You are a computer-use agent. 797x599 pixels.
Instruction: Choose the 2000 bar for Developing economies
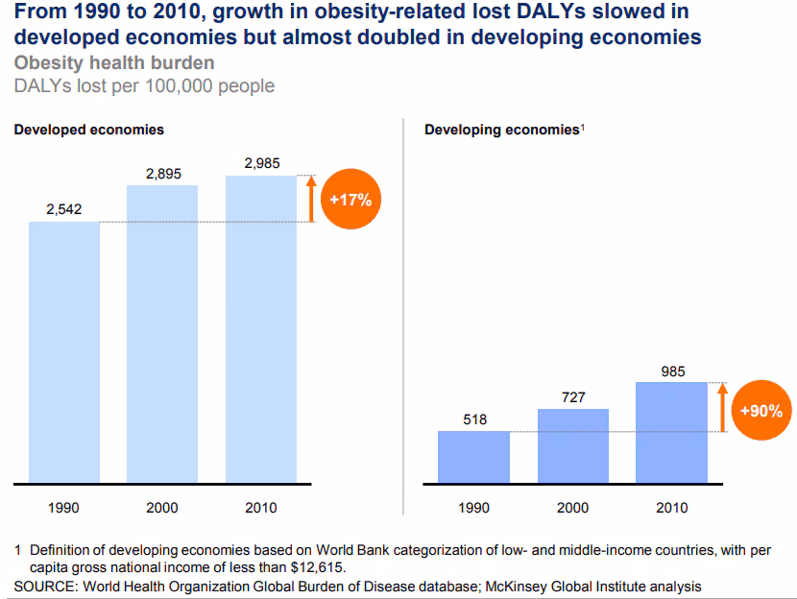573,446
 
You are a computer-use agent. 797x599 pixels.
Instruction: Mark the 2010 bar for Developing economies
672,433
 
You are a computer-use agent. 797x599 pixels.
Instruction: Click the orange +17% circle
350,200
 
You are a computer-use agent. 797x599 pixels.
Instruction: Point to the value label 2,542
63,209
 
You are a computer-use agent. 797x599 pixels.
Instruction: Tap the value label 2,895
163,173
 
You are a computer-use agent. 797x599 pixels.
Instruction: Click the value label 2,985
261,163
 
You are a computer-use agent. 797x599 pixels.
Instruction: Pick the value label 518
474,419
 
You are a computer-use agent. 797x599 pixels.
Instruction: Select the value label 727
573,396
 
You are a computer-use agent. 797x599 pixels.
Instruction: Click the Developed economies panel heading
88,129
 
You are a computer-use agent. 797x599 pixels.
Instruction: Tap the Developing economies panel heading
502,130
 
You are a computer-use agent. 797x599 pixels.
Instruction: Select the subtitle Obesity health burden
114,63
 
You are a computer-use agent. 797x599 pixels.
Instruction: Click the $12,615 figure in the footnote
304,567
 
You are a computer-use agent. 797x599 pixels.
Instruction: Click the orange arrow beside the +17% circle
310,199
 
